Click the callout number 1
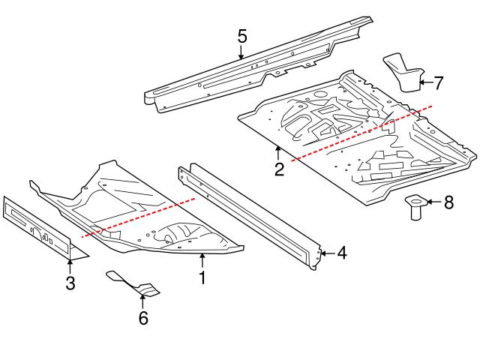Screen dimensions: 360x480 [x=201, y=277]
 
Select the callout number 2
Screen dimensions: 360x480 [x=279, y=169]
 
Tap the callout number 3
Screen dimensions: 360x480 [x=70, y=283]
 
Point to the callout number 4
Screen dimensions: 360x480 [x=341, y=253]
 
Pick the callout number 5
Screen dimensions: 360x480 [x=241, y=35]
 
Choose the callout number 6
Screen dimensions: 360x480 [x=142, y=318]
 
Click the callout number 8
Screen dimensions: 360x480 [x=448, y=202]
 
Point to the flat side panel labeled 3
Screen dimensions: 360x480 [x=37, y=226]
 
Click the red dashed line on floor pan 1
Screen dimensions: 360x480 [x=139, y=217]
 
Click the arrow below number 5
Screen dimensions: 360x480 [x=241, y=52]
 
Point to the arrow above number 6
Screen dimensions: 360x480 [x=142, y=301]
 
